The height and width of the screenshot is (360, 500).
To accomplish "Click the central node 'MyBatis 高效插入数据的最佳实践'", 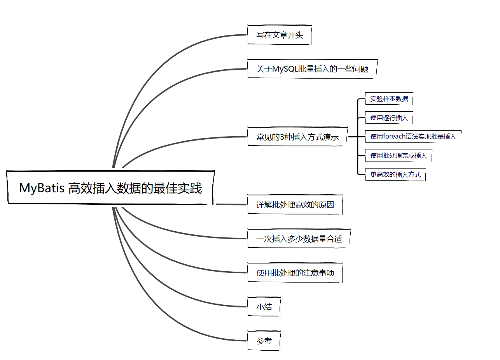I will point(111,188).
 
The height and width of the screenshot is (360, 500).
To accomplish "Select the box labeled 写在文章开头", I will point(279,35).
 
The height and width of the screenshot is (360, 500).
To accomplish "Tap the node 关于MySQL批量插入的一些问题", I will point(312,69).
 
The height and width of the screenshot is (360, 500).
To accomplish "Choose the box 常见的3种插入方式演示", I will point(297,137).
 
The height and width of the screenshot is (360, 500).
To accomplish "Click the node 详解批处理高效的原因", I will point(295,205).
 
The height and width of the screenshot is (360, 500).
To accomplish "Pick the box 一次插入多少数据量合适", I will point(299,239).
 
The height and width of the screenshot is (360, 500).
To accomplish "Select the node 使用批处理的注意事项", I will point(295,273).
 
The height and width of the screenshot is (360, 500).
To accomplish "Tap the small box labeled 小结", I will point(264,307).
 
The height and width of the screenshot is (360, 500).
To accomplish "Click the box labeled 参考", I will point(264,341).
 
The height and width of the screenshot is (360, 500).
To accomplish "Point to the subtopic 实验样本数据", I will point(389,99).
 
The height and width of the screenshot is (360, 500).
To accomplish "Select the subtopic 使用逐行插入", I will point(389,118).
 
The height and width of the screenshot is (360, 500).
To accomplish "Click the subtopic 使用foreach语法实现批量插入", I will point(413,137).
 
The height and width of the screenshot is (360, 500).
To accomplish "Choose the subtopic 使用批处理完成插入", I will point(399,156).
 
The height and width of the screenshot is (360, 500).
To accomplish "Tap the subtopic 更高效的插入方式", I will point(395,175).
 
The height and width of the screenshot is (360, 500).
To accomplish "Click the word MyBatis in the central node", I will point(42,188).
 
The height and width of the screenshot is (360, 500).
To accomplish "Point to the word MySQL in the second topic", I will point(285,69).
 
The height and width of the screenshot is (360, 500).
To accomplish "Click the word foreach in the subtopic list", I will point(394,137).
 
